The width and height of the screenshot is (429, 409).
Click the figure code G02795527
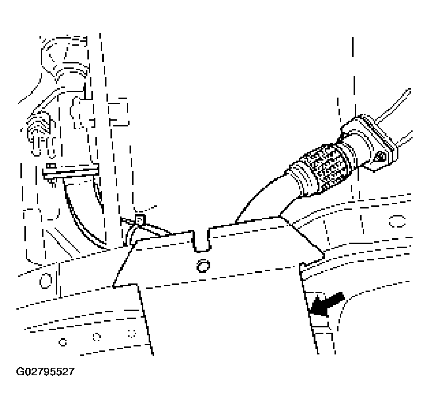coord(45,372)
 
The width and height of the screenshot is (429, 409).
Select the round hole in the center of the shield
coord(203,266)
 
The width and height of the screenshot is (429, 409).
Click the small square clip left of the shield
coord(140,219)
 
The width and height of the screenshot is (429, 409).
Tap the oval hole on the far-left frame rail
coord(46,280)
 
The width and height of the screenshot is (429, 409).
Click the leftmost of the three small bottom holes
coord(63,342)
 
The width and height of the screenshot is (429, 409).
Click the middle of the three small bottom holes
coord(96,337)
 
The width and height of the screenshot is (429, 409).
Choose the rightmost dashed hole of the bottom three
coord(132,334)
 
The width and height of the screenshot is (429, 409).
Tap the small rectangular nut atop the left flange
coord(51,166)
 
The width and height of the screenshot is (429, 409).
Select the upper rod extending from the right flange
coord(393,105)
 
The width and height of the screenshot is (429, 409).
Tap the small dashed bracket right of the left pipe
coord(118,112)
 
